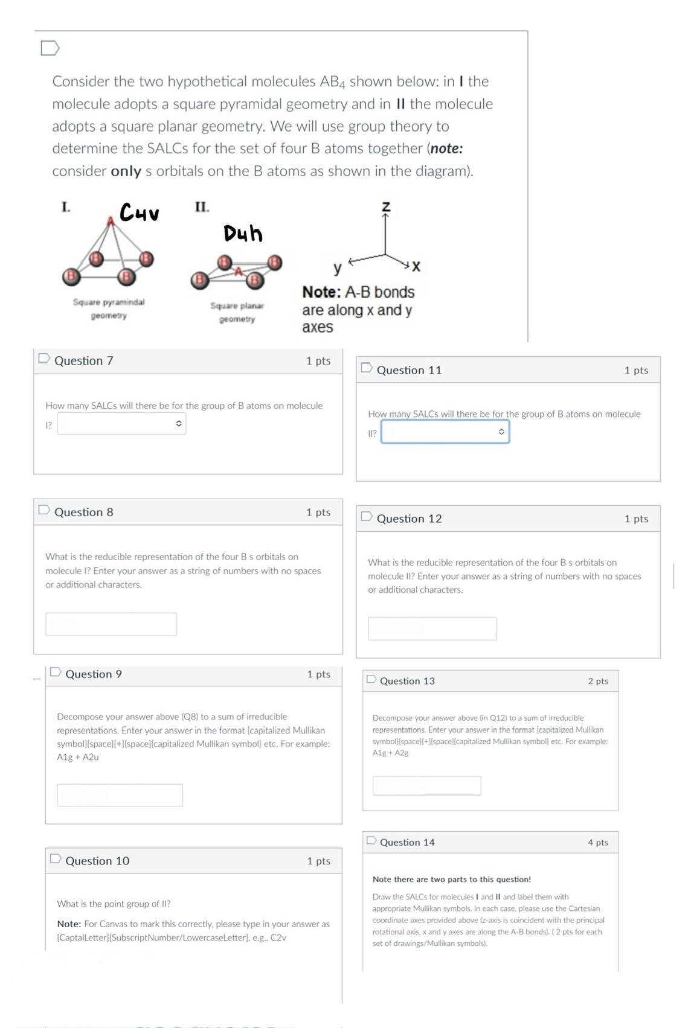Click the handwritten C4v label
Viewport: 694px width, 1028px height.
click(x=139, y=212)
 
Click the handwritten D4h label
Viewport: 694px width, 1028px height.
click(x=243, y=233)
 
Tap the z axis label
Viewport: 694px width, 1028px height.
click(x=386, y=207)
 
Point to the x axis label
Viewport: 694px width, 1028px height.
click(x=416, y=266)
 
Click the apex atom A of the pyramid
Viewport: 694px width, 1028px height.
click(x=111, y=222)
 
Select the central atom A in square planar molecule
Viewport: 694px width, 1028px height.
click(x=239, y=271)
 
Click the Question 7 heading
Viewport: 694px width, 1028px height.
click(x=84, y=360)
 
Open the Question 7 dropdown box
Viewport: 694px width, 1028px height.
click(x=121, y=424)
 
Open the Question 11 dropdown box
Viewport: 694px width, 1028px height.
click(x=445, y=432)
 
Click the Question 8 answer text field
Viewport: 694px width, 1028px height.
click(x=111, y=624)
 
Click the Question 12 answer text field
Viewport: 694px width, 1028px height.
click(x=432, y=628)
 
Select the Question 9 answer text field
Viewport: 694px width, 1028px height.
click(x=120, y=795)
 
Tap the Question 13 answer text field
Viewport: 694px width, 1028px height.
click(x=426, y=785)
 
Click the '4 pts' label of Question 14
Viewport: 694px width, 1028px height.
click(x=597, y=842)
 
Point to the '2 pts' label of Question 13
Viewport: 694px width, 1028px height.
click(x=597, y=681)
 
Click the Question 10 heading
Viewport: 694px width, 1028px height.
click(x=97, y=861)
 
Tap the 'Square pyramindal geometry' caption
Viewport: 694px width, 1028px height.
click(x=109, y=308)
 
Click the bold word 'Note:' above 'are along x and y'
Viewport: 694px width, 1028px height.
click(x=321, y=292)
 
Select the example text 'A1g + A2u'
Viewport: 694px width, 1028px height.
click(x=78, y=757)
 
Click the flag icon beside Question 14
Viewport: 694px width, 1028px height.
click(x=371, y=841)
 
